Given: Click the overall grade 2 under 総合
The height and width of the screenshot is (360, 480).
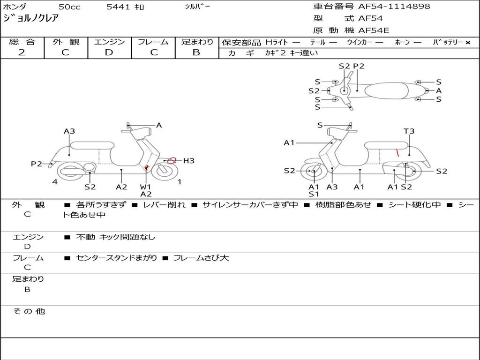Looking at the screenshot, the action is tap(22, 52).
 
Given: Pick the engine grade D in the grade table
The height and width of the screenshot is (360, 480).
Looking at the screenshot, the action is tap(109, 52).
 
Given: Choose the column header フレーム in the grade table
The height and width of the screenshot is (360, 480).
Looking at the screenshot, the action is tap(153, 42).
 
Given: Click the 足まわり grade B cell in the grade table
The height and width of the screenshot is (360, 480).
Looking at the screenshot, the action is tap(196, 52).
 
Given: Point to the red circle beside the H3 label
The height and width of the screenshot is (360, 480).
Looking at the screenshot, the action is tap(172, 160).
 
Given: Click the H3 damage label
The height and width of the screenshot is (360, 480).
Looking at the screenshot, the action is tap(188, 161).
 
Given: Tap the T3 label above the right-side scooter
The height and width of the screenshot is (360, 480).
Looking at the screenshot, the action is tap(409, 131).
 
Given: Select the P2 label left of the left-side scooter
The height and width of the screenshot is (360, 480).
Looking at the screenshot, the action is tap(37, 164).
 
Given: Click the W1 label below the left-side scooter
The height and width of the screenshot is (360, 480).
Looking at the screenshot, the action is tap(145, 187).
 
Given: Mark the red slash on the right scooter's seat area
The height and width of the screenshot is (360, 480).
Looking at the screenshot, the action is tap(397, 152).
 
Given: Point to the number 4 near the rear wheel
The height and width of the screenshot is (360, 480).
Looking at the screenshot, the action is tap(55, 182).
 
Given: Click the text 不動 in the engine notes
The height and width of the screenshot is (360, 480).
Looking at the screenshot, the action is tap(85, 237).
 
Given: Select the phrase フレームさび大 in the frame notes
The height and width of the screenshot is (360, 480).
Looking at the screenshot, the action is tap(201, 258).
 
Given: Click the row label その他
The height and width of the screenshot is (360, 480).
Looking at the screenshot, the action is tap(29, 311).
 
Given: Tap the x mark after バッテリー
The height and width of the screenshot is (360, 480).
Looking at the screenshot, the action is tap(467, 42).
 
